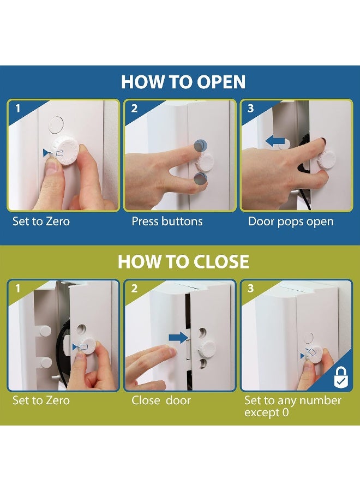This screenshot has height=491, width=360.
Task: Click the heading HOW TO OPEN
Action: [x=183, y=82]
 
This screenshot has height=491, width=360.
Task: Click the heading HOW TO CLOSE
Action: [x=183, y=261]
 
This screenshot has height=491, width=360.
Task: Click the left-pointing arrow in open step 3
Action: [x=275, y=141]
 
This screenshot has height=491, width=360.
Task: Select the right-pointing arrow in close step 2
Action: [x=178, y=338]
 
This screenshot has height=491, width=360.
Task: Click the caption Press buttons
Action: [x=167, y=221]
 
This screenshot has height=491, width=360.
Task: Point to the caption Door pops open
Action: [x=291, y=221]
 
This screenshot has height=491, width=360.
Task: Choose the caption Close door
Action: [x=161, y=400]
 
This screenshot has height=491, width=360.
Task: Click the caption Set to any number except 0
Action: [x=293, y=406]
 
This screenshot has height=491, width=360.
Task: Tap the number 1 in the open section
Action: [x=18, y=109]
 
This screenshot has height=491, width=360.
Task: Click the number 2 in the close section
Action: [x=134, y=288]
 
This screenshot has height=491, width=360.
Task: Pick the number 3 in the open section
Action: [x=250, y=109]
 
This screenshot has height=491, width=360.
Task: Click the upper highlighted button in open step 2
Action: [x=200, y=145]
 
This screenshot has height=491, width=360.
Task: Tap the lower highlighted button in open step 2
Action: [x=200, y=178]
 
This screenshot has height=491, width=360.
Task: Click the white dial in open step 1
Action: [x=67, y=151]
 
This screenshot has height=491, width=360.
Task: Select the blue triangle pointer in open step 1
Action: [x=46, y=153]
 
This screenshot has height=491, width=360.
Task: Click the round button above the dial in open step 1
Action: [x=56, y=124]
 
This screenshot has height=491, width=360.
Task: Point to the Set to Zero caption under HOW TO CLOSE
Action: [x=41, y=400]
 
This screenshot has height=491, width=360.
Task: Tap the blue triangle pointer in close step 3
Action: [x=302, y=356]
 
